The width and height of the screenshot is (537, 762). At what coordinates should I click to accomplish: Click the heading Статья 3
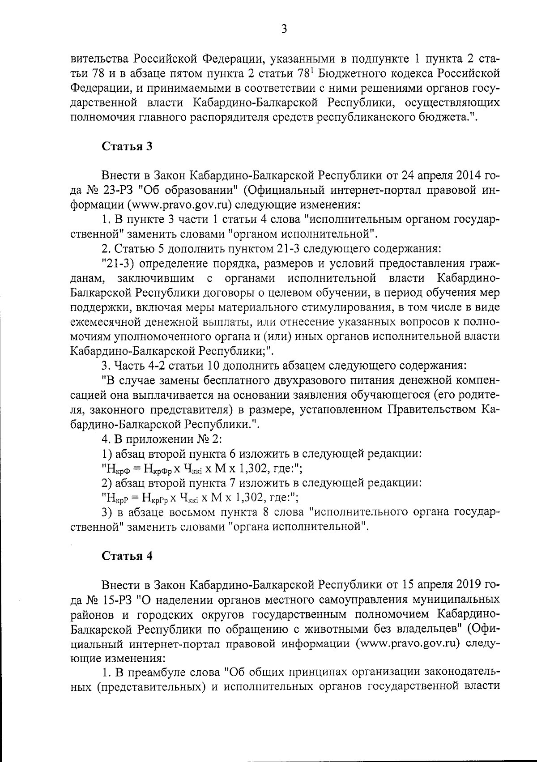tap(128, 146)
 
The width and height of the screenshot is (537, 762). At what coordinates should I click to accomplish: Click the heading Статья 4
tap(128, 556)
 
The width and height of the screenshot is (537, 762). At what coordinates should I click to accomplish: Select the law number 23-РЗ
tap(118, 190)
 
